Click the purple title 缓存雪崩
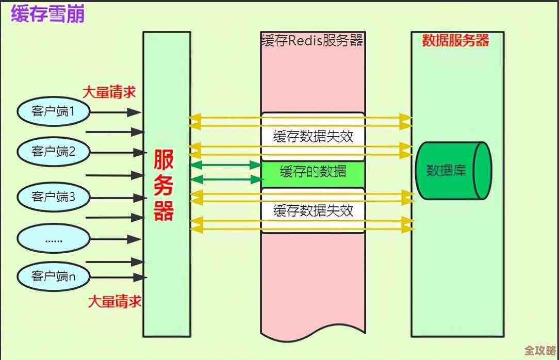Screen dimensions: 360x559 (x=47, y=14)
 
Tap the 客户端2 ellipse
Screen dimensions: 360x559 (x=54, y=152)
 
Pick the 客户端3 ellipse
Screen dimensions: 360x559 (x=54, y=197)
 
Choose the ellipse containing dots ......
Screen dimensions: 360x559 (x=54, y=239)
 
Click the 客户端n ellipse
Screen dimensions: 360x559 (x=54, y=276)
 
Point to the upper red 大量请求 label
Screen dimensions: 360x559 (x=109, y=92)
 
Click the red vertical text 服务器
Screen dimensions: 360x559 (x=164, y=185)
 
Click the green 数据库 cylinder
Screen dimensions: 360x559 (x=453, y=170)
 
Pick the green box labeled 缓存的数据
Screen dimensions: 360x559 (x=313, y=172)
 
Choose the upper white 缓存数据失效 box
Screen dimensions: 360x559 (x=313, y=137)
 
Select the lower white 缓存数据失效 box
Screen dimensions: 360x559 (x=313, y=210)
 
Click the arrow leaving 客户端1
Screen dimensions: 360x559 (x=117, y=111)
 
